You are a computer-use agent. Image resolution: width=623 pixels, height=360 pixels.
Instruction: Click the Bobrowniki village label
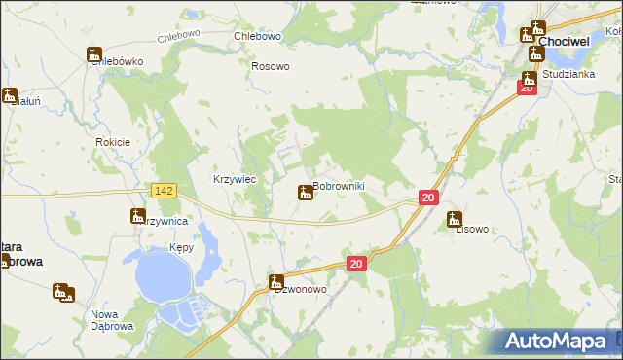pos(338,186)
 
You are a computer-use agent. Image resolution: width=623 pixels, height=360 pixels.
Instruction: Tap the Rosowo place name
pos(271,66)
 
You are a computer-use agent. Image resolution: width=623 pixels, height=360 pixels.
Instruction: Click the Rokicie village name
pos(113,142)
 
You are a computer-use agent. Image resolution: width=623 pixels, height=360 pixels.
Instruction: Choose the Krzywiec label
pos(234,179)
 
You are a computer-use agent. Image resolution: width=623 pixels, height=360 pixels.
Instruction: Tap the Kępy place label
pos(181,248)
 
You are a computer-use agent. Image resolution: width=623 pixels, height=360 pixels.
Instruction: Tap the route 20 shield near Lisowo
pos(428,198)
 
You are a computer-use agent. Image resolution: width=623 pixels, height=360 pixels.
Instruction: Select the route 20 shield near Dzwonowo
pos(356,264)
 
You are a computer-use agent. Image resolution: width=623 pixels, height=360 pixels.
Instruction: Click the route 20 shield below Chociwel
pos(527,88)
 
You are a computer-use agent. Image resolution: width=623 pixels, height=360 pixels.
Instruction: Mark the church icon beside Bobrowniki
pos(305,194)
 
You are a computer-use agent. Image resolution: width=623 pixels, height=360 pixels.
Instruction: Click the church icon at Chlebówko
pos(94,54)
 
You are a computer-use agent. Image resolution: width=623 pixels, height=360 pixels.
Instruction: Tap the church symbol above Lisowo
pos(453,219)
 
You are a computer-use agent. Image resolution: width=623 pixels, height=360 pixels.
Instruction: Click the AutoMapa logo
pos(558,341)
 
